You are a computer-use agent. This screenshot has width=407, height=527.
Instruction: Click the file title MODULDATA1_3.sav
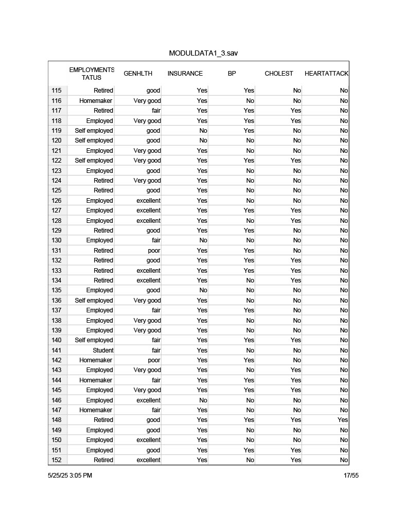coord(203,54)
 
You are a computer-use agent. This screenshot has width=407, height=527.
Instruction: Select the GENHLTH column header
coord(138,74)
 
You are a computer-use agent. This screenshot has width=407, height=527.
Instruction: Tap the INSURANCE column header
coord(185,74)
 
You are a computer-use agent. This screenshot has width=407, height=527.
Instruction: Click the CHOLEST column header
coord(278,74)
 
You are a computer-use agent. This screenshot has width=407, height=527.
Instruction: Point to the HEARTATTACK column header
coord(326,74)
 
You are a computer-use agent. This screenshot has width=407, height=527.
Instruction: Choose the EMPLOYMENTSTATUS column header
coord(91,74)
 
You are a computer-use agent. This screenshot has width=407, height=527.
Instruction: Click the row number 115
coord(57,91)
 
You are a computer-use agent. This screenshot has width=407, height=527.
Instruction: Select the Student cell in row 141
coord(103,350)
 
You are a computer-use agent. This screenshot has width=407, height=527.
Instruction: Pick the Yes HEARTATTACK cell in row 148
coord(342,420)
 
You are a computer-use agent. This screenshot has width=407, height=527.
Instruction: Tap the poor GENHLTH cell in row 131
coord(154,251)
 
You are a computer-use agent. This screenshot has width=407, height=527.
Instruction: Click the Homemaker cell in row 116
coord(96,101)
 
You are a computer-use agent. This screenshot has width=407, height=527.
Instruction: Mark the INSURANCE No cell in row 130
coord(203,240)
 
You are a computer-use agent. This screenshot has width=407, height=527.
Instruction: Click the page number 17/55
coord(351,476)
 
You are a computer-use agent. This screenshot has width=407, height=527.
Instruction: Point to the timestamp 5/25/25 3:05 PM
coord(70,476)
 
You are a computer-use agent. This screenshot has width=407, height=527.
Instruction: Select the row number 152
coord(57,460)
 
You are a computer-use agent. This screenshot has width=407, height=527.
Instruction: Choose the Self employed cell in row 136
coord(94,301)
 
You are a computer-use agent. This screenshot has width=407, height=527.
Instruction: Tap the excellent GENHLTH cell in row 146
coord(148,400)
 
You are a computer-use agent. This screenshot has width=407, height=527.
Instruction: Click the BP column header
coord(232,74)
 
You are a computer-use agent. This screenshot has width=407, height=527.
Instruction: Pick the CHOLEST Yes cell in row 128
coord(295,221)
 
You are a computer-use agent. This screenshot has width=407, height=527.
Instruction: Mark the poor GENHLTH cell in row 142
coord(154,360)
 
